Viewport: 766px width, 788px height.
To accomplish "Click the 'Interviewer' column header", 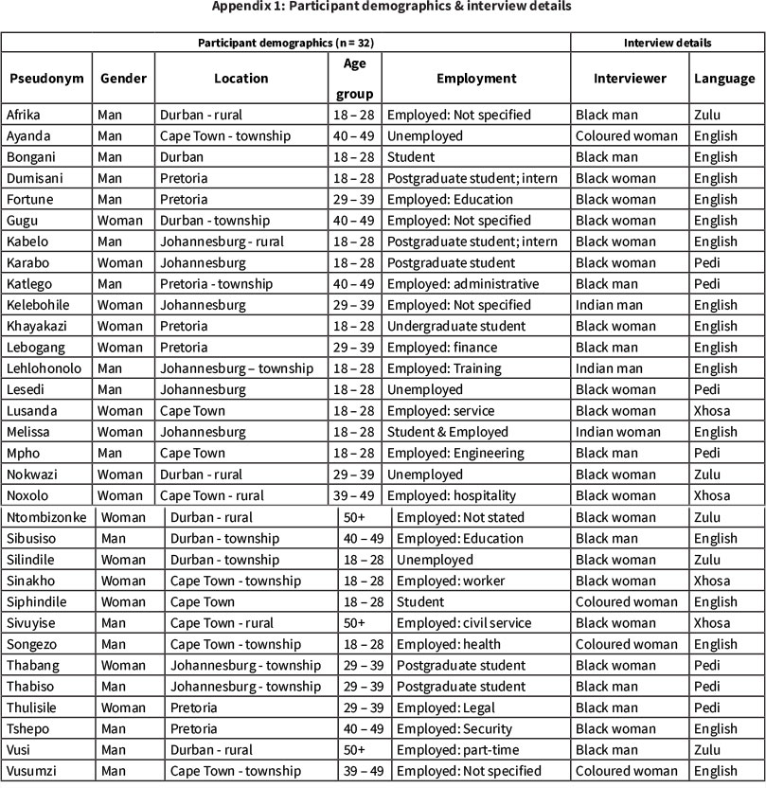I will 630,79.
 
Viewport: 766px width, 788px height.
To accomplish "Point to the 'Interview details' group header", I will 667,43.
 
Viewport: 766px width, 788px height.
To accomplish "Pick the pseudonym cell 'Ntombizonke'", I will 45,517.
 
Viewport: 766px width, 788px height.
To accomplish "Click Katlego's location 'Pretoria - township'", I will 217,284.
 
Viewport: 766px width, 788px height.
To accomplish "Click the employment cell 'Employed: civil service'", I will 464,623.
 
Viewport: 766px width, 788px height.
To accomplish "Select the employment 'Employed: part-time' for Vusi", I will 455,750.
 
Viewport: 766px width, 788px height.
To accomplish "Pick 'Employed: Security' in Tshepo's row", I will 454,729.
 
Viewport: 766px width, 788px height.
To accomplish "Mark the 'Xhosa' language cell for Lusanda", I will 713,411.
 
